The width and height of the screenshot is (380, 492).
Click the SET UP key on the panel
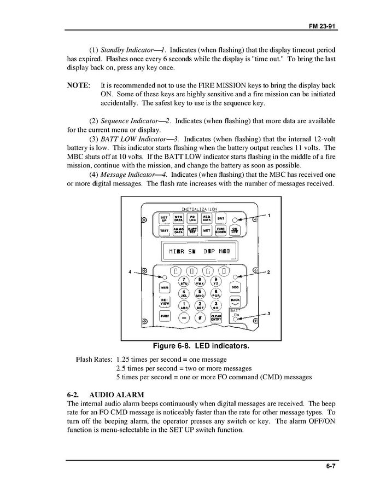(x=163, y=218)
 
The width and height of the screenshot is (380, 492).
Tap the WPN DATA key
(x=178, y=218)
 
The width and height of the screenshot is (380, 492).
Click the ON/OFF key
(x=235, y=230)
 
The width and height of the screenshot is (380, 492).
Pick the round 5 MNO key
(x=200, y=293)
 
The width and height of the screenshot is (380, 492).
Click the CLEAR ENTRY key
(x=216, y=318)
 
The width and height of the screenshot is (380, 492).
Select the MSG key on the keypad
(x=164, y=287)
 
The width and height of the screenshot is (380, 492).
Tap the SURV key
(x=164, y=316)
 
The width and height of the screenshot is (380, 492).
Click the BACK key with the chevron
(x=235, y=302)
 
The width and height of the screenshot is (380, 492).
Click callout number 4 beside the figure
(x=130, y=271)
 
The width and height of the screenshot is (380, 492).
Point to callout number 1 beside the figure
(x=269, y=216)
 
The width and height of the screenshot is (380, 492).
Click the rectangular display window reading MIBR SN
(x=200, y=252)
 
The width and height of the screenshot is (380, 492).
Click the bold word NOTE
(x=78, y=86)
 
